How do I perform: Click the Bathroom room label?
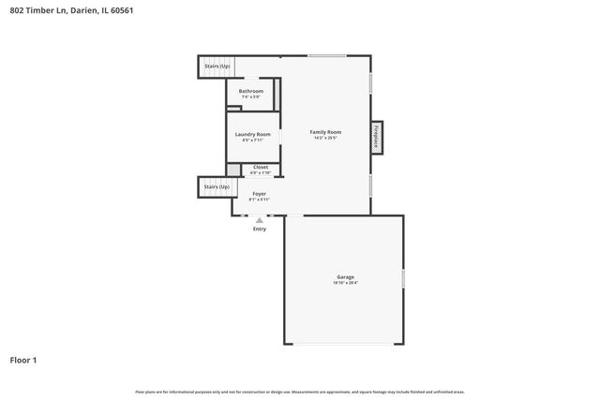pyautogui.click(x=250, y=91)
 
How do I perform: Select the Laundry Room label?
pyautogui.click(x=250, y=134)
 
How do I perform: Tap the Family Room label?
pyautogui.click(x=325, y=132)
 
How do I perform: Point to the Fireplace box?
pyautogui.click(x=377, y=136)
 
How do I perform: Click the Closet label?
pyautogui.click(x=260, y=167)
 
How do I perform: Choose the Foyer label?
pyautogui.click(x=259, y=193)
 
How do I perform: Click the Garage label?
pyautogui.click(x=345, y=276)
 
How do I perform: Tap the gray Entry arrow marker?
pyautogui.click(x=260, y=220)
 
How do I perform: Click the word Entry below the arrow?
pyautogui.click(x=260, y=230)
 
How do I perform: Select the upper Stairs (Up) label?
pyautogui.click(x=217, y=67)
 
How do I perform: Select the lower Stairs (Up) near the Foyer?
pyautogui.click(x=217, y=187)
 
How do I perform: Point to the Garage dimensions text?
pyautogui.click(x=345, y=283)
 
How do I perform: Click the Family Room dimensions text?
pyautogui.click(x=325, y=139)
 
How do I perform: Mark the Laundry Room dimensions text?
pyautogui.click(x=250, y=141)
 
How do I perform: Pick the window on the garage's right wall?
pyautogui.click(x=403, y=278)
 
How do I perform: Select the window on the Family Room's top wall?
pyautogui.click(x=326, y=56)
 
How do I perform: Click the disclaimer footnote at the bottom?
pyautogui.click(x=299, y=392)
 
